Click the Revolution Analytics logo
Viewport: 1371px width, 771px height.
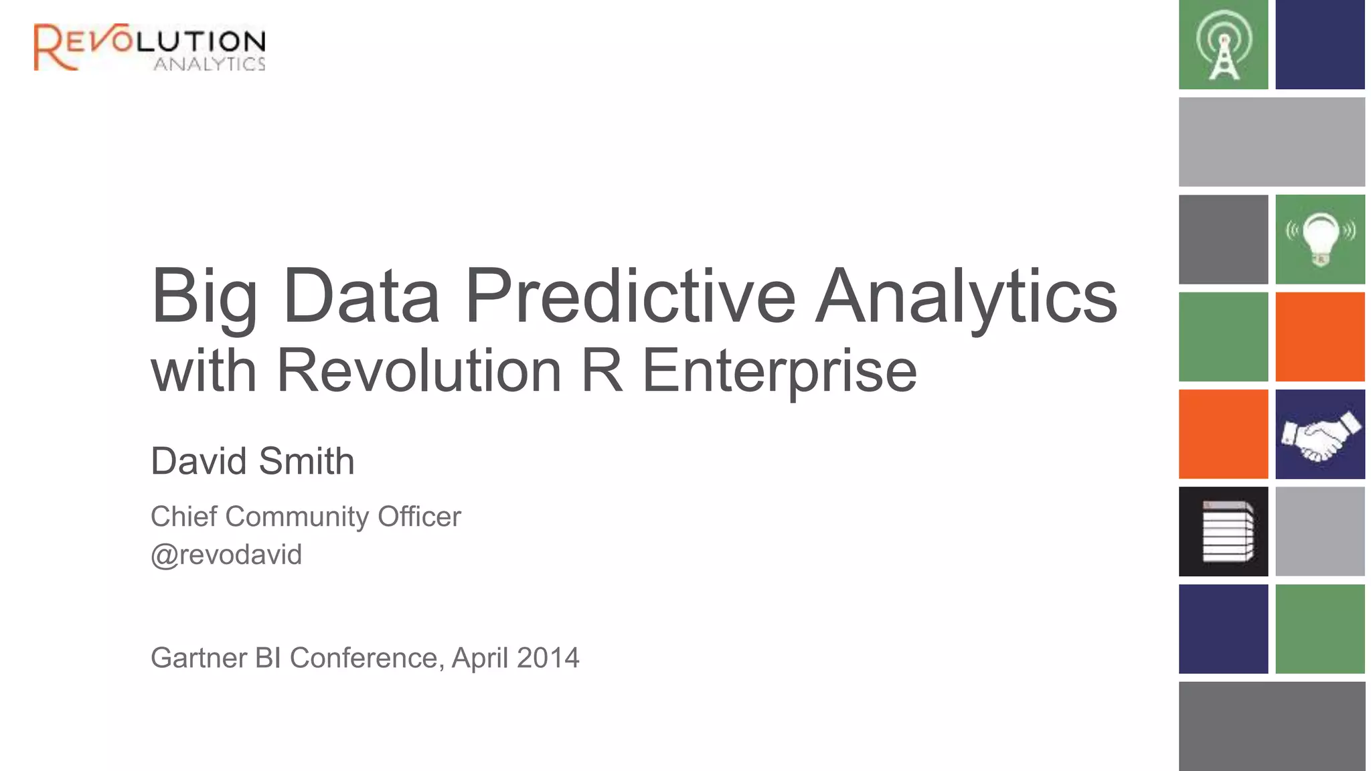click(149, 47)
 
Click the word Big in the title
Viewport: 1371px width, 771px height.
click(204, 296)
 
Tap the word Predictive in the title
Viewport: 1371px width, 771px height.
click(630, 296)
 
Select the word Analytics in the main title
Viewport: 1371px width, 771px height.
click(966, 296)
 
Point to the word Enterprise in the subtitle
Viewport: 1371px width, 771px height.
click(779, 371)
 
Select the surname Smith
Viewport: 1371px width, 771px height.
click(307, 461)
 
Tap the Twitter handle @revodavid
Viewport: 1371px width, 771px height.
click(226, 555)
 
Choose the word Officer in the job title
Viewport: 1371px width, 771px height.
click(419, 517)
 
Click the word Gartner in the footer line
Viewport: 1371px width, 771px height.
click(199, 658)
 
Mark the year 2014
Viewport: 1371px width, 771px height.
click(548, 658)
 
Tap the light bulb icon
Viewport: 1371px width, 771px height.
click(1320, 239)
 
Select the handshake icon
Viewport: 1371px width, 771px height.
click(1320, 435)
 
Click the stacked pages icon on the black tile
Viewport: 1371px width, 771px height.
click(1226, 531)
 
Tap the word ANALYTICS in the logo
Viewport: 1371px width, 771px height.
click(210, 64)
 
